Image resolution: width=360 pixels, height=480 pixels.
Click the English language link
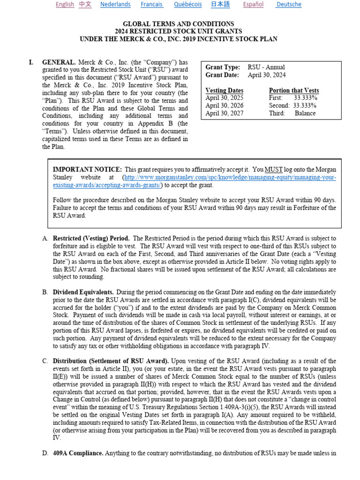65,4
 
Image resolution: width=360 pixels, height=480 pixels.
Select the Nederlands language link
115,4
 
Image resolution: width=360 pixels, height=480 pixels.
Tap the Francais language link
151,4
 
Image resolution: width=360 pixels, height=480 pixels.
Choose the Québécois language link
187,4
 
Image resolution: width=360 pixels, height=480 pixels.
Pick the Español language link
253,4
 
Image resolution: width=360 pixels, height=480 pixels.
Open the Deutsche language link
289,4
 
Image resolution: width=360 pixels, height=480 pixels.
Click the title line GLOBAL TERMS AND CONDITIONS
178,24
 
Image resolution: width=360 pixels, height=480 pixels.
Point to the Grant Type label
223,67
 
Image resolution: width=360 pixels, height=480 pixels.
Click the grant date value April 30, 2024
267,75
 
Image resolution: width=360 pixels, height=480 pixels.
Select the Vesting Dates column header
225,90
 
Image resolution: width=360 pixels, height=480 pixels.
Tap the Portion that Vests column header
294,90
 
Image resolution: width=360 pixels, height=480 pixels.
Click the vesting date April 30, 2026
225,105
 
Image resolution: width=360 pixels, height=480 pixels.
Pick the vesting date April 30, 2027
225,113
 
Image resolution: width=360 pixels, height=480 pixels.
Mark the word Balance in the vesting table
305,113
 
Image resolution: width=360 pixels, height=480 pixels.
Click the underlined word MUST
272,170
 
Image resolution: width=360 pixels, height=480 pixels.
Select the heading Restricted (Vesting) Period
91,239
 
